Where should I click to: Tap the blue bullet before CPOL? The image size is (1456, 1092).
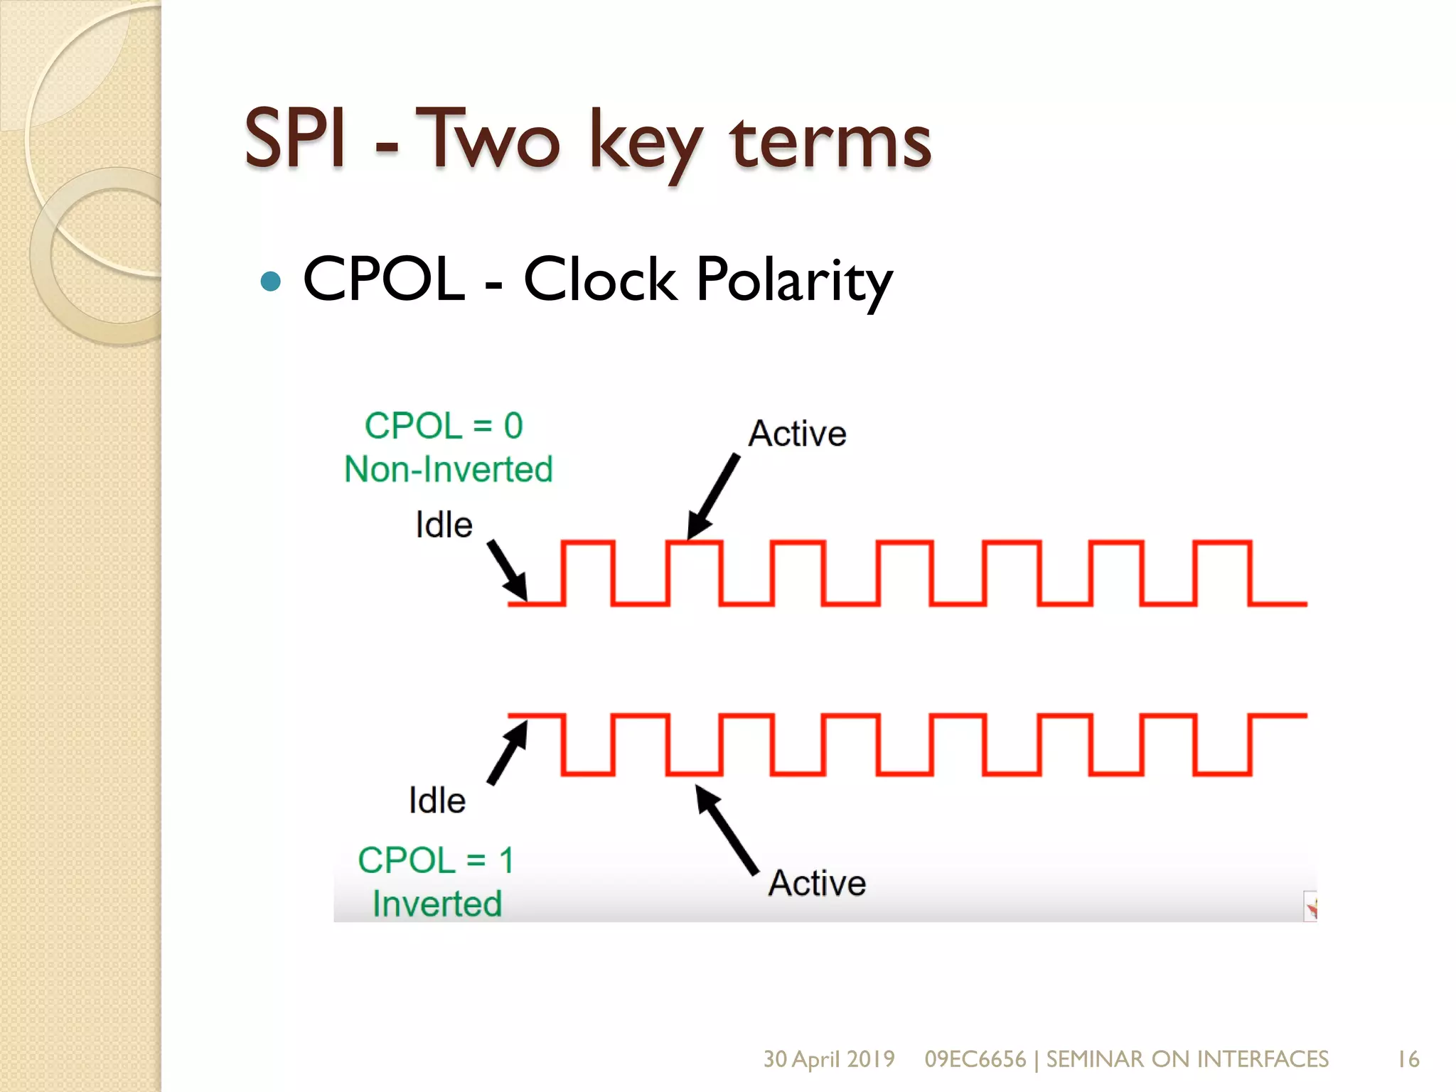click(x=271, y=282)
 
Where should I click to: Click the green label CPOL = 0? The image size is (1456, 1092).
click(x=444, y=426)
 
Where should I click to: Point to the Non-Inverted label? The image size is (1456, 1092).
click(x=449, y=470)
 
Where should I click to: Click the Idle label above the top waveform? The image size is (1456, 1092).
click(x=444, y=525)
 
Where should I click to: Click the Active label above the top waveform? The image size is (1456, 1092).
click(x=798, y=434)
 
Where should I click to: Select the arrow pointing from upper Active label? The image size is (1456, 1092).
click(x=713, y=497)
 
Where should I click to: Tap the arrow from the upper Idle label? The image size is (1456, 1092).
click(x=508, y=571)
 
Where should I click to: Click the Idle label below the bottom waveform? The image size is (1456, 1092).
click(x=437, y=801)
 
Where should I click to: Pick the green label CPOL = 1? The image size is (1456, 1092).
click(x=436, y=861)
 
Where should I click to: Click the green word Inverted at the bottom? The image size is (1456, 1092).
click(x=437, y=904)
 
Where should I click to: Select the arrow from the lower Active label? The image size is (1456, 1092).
click(x=727, y=830)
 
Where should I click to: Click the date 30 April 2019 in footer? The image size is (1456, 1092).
click(x=829, y=1059)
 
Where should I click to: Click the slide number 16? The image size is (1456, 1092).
click(x=1408, y=1059)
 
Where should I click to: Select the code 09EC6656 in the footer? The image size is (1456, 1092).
click(x=975, y=1059)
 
